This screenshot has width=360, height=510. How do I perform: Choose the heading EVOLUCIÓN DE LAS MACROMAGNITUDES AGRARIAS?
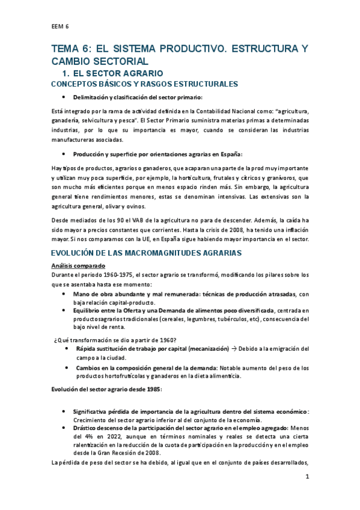(x=146, y=253)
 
